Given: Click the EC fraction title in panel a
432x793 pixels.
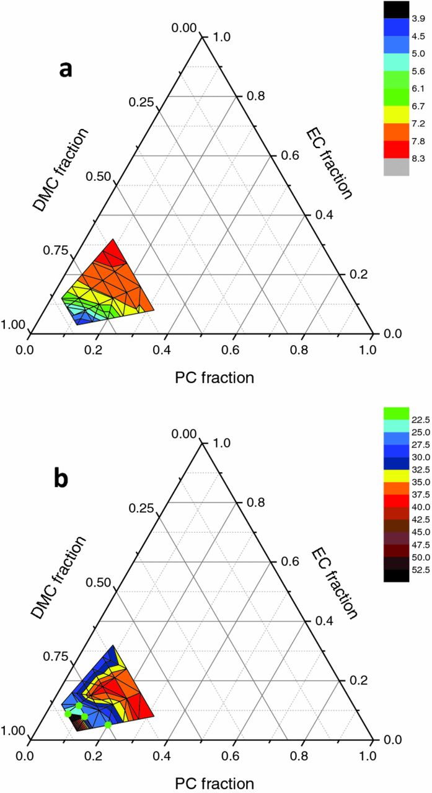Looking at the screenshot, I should tap(329, 165).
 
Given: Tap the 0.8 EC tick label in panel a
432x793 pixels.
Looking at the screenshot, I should tap(255, 95).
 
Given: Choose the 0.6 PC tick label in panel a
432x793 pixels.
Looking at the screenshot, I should tap(231, 350).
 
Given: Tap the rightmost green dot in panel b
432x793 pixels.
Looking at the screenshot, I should tap(108, 724).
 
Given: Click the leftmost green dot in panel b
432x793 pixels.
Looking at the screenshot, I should tap(68, 714).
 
